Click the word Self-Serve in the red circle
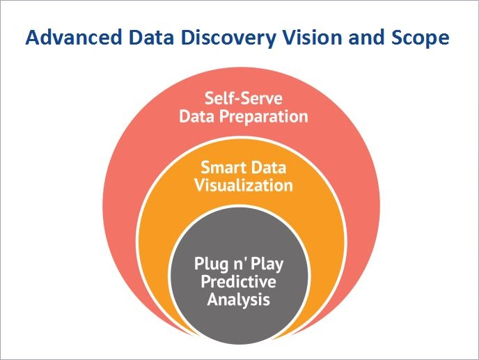(x=243, y=98)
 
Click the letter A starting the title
(x=32, y=38)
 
